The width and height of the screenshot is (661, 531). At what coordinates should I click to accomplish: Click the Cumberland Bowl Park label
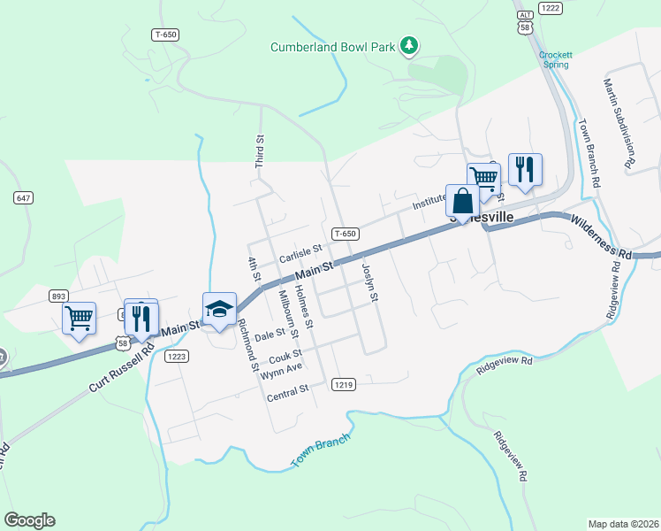[x=332, y=46]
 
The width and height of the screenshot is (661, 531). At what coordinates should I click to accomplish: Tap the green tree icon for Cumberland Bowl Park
[x=408, y=44]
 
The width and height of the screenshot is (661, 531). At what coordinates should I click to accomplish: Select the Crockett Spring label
[x=556, y=59]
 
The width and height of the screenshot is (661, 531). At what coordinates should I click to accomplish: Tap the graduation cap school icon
[x=219, y=310]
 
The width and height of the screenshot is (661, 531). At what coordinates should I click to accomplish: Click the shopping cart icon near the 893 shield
[x=79, y=319]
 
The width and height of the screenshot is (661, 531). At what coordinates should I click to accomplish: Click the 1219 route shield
[x=345, y=385]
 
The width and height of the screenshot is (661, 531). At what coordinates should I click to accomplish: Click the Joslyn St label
[x=369, y=282]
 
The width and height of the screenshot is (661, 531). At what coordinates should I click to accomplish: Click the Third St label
[x=260, y=151]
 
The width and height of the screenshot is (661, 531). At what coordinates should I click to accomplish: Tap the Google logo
[x=29, y=520]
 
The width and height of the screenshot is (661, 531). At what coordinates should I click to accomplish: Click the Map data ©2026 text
[x=623, y=523]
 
